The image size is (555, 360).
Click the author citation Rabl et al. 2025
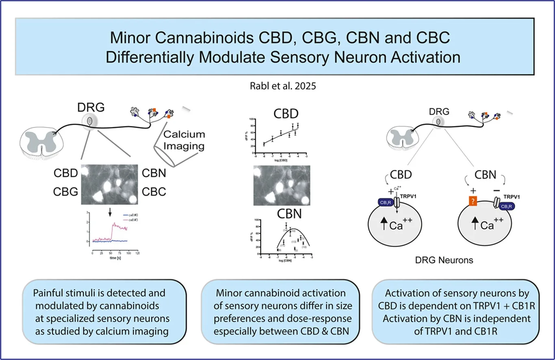point(278,86)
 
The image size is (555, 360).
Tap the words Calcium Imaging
point(184,140)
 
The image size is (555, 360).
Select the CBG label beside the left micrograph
point(66,191)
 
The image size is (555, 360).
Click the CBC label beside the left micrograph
point(154,191)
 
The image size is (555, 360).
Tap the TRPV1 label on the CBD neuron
point(410,195)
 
